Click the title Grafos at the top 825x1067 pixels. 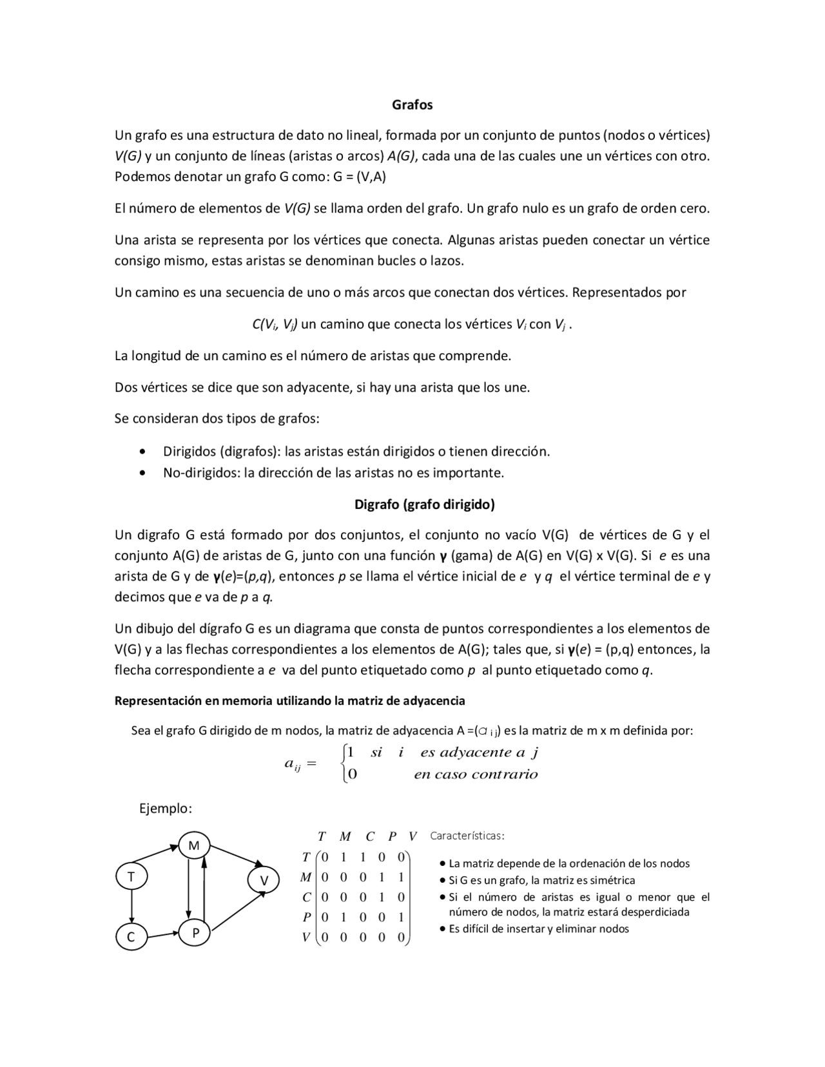point(412,105)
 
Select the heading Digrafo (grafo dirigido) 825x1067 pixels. point(424,505)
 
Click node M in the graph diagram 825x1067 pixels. point(194,845)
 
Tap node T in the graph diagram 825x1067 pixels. point(131,876)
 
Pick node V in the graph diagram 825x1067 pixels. point(264,880)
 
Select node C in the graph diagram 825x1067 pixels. point(131,937)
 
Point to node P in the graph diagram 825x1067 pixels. point(195,933)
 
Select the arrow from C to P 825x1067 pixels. point(163,935)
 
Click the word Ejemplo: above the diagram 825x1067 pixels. point(166,808)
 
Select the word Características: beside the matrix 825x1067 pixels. point(467,836)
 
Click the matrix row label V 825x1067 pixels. point(306,938)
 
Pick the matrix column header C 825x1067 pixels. point(370,837)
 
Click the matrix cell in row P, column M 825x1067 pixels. point(344,917)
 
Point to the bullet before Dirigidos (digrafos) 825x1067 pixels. point(142,452)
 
